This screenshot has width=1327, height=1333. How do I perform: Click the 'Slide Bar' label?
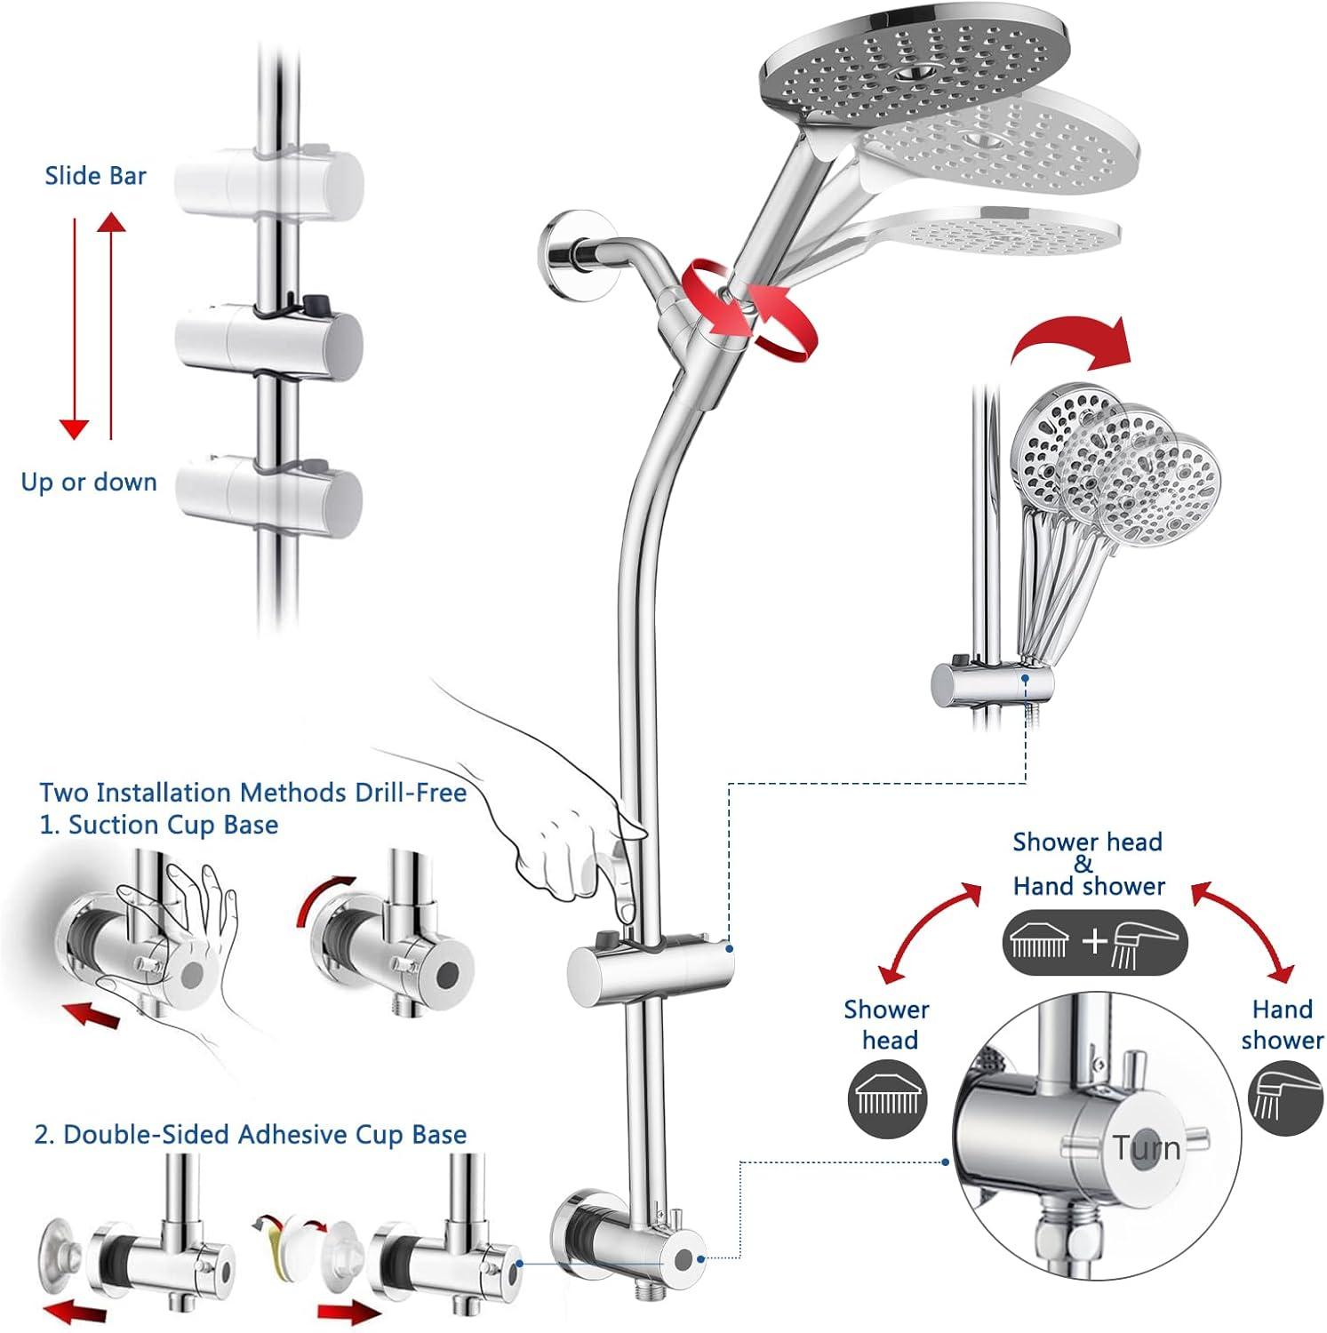tap(95, 176)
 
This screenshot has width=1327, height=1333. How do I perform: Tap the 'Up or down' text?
tap(89, 483)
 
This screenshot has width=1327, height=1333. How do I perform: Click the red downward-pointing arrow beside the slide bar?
tap(74, 329)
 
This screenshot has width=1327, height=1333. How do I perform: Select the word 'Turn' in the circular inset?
tap(1147, 1148)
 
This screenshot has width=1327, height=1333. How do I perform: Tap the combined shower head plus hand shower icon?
tap(1095, 942)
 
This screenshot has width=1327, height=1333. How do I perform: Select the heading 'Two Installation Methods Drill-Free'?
tap(253, 792)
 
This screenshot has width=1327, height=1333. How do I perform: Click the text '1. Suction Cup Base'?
tap(159, 825)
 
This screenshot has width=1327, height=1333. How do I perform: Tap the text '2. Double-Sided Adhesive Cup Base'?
tap(250, 1135)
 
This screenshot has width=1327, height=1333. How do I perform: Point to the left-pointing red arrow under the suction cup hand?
tap(92, 1013)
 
